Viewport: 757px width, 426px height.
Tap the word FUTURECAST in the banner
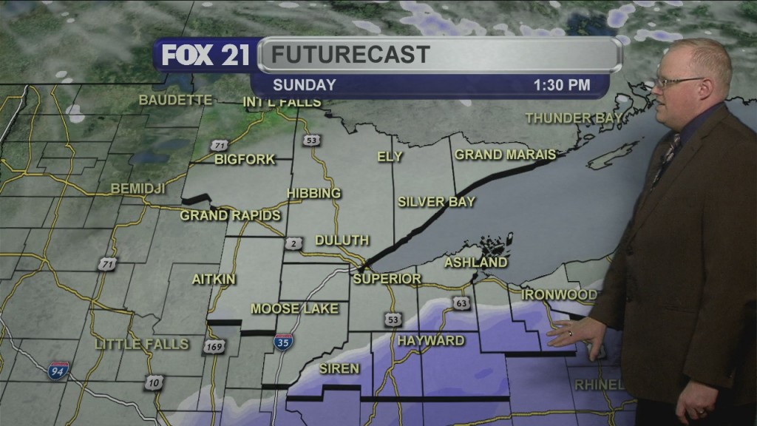[350, 54]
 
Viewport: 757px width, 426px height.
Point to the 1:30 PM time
[562, 85]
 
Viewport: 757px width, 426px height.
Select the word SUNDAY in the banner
[305, 85]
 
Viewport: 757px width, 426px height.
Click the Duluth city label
[342, 240]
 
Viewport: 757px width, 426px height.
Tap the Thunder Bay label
[568, 118]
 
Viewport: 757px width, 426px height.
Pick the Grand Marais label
[505, 155]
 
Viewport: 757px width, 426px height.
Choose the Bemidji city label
[138, 189]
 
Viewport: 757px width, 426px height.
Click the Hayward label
[431, 341]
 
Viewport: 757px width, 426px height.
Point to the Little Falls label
[142, 344]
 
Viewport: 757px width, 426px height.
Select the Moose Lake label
[294, 308]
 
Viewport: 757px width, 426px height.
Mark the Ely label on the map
[390, 157]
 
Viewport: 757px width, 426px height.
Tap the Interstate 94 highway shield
[60, 368]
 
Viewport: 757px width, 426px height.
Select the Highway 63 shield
[463, 303]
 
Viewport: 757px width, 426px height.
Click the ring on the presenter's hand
[569, 334]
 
